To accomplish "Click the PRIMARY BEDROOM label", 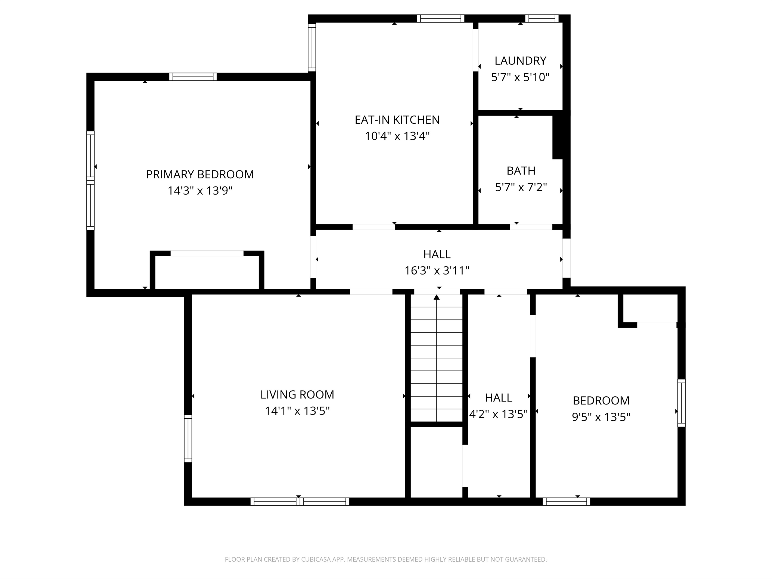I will (200, 174).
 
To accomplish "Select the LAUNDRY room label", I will (520, 61).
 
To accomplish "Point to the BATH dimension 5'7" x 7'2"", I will (521, 187).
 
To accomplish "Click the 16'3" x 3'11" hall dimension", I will (437, 270).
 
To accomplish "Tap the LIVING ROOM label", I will (297, 394).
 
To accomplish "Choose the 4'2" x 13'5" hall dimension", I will (498, 414).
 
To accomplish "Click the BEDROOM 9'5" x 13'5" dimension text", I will (601, 417).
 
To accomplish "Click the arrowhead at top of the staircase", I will (436, 297).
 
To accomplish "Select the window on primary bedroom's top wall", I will (193, 77).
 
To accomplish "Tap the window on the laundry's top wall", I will (542, 18).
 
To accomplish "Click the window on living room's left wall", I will (188, 438).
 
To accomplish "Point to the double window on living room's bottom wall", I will (300, 502).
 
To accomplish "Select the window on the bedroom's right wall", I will (681, 403).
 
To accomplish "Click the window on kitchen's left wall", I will (312, 47).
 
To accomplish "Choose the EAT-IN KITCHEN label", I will (397, 120).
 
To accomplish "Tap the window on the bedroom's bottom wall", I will (566, 502).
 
